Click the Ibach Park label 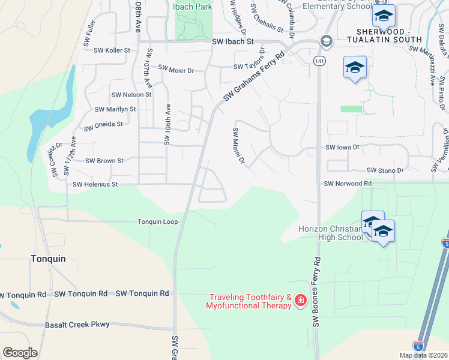tap(193, 7)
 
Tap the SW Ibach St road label tap(234, 42)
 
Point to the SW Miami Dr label tap(238, 145)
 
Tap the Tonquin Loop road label tap(158, 222)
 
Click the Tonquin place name tap(47, 259)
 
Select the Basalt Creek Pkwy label tap(77, 325)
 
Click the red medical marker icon tap(300, 299)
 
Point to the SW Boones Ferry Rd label tap(316, 292)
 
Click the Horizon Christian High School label tap(331, 233)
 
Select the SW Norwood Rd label tap(348, 184)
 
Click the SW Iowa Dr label tap(342, 147)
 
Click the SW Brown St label tap(104, 161)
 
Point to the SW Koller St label tap(112, 50)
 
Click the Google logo tap(20, 353)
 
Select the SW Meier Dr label tap(176, 70)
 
